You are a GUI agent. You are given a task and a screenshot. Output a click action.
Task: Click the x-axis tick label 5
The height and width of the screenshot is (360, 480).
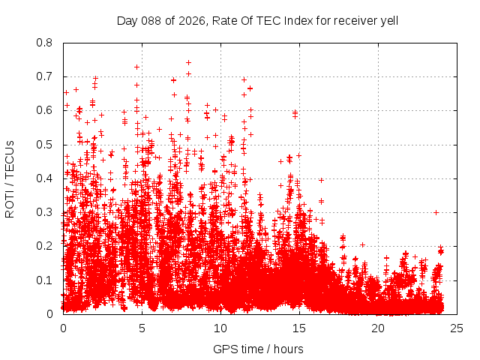142,328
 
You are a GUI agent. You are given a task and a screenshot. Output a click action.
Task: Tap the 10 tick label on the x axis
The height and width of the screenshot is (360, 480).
220,328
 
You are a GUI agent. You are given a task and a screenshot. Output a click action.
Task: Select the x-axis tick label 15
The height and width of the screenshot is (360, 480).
299,328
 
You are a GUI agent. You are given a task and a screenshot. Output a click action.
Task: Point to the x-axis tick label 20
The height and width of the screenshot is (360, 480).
378,328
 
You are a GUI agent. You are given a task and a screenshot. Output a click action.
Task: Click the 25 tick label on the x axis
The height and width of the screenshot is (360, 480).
457,328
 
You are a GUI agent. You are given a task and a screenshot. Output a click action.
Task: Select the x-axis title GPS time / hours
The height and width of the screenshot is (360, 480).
259,349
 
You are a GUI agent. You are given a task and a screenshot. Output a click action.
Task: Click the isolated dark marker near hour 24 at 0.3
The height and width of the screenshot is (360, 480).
436,212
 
